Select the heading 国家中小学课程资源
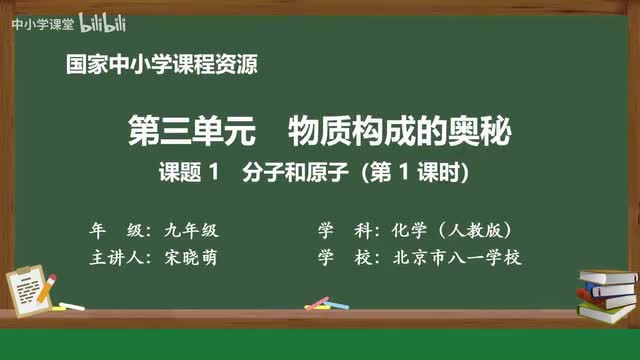tap(161, 66)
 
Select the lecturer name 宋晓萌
tap(189, 257)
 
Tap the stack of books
tap(607, 292)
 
